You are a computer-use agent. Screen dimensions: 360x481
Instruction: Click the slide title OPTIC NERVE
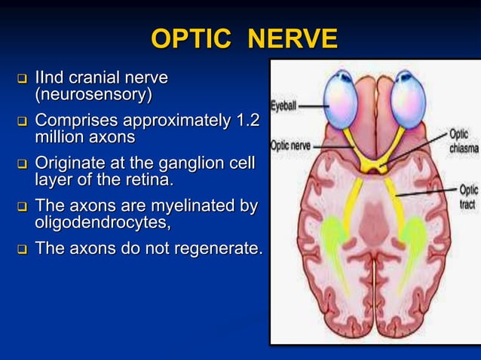tap(244, 38)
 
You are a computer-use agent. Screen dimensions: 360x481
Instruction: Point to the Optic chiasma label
tap(463, 141)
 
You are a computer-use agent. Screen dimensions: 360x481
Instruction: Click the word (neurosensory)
tap(93, 96)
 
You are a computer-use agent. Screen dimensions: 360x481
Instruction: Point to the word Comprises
tap(76, 121)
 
